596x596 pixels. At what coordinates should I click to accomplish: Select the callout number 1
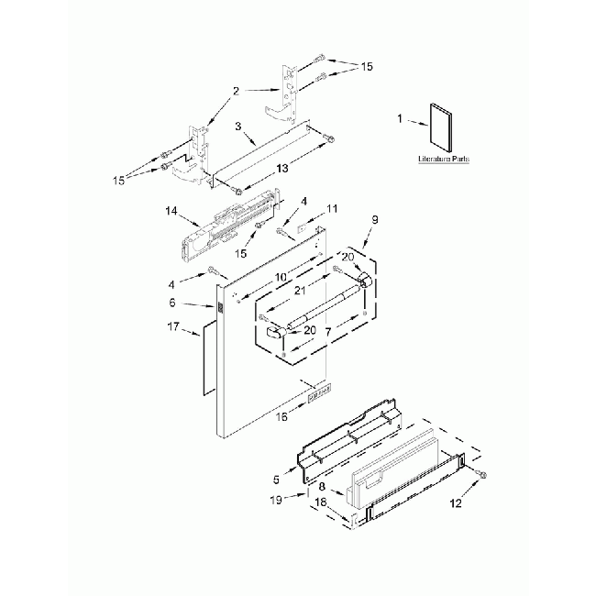[x=399, y=118]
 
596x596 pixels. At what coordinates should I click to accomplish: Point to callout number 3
[x=237, y=127]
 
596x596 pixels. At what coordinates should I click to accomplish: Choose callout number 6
[x=197, y=303]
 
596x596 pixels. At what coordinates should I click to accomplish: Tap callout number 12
[x=456, y=503]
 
